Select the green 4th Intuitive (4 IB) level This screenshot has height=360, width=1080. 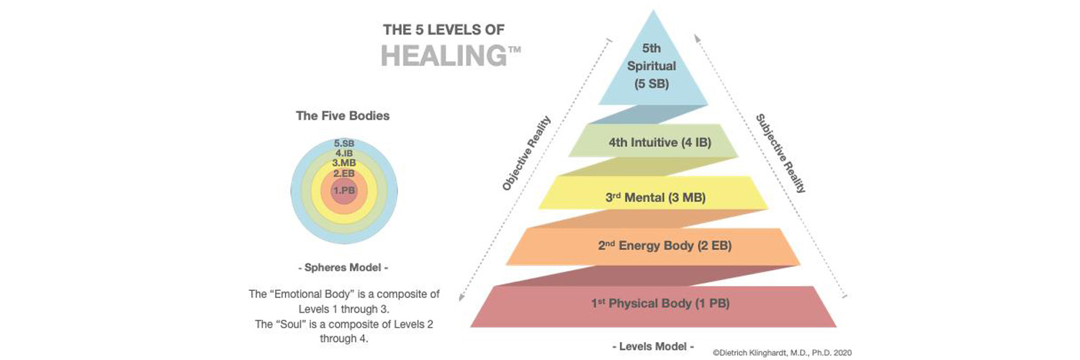(x=653, y=143)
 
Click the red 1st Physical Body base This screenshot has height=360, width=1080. (x=652, y=303)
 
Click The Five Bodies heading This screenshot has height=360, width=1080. (x=343, y=115)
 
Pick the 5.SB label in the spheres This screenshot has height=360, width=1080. (x=344, y=143)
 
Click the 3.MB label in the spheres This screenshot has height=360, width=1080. (x=344, y=163)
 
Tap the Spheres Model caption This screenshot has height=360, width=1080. (x=343, y=268)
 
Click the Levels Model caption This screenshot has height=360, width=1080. (x=652, y=346)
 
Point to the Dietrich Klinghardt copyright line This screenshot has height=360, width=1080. (x=782, y=353)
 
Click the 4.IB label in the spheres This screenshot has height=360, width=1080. (x=344, y=153)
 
